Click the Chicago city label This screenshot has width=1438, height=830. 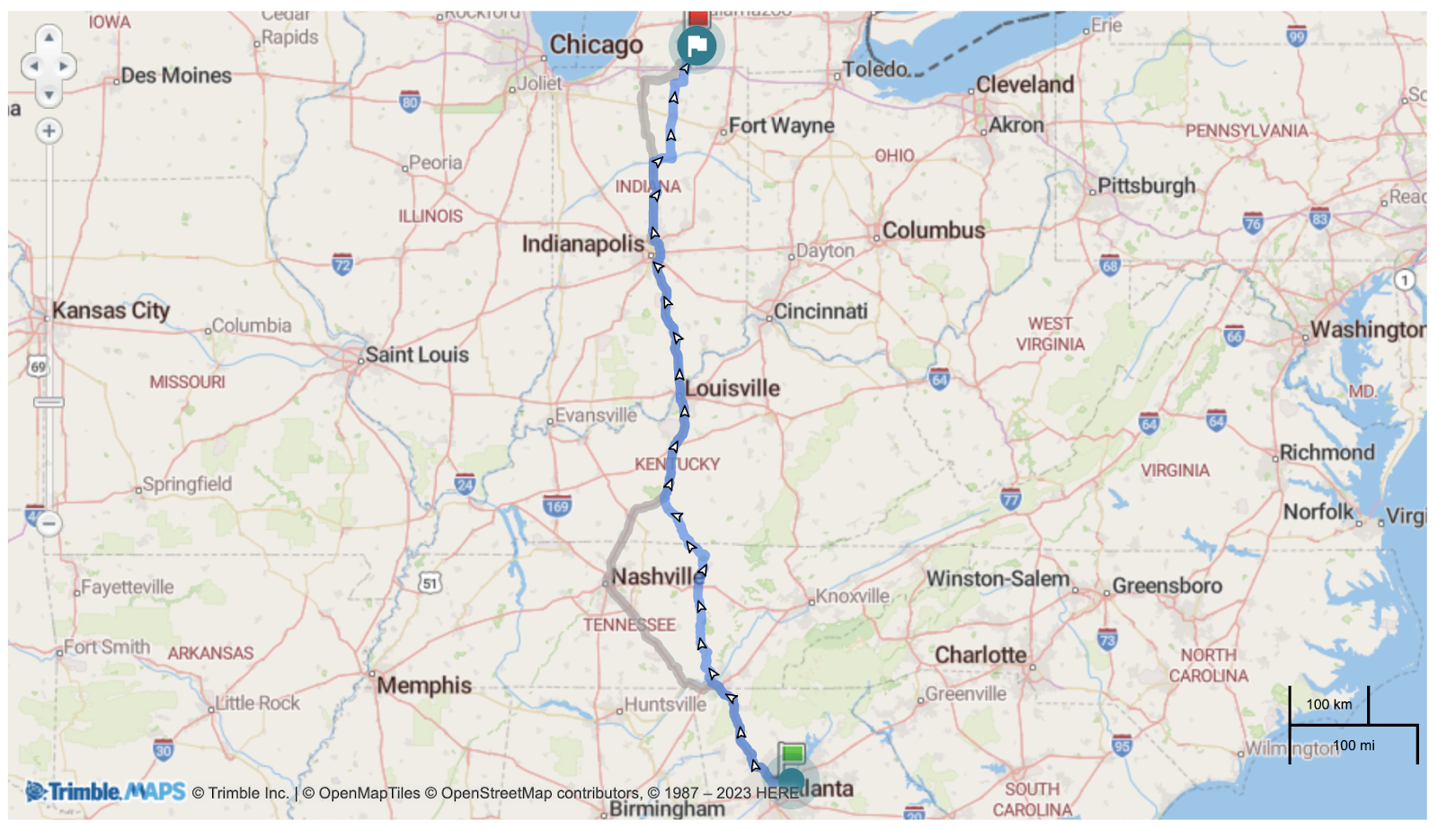click(x=596, y=45)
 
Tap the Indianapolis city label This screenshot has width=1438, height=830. click(x=582, y=244)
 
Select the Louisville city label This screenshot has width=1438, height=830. click(x=732, y=388)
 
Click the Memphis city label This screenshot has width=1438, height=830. click(x=424, y=685)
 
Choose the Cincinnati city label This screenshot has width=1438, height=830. click(x=821, y=311)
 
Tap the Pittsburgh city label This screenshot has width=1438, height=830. click(x=1146, y=186)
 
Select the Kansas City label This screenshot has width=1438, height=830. click(x=111, y=310)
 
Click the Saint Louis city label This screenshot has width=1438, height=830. click(x=417, y=354)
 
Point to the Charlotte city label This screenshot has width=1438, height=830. click(x=981, y=655)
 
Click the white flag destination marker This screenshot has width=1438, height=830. click(x=697, y=46)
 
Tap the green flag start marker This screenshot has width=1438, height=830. click(x=792, y=754)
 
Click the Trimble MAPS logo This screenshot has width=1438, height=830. click(x=106, y=791)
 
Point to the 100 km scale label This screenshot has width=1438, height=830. click(x=1328, y=704)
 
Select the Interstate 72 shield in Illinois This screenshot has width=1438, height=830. click(x=342, y=264)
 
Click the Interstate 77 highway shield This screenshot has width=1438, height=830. click(x=1011, y=499)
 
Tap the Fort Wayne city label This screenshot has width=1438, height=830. click(x=781, y=126)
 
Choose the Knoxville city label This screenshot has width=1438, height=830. click(x=852, y=596)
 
